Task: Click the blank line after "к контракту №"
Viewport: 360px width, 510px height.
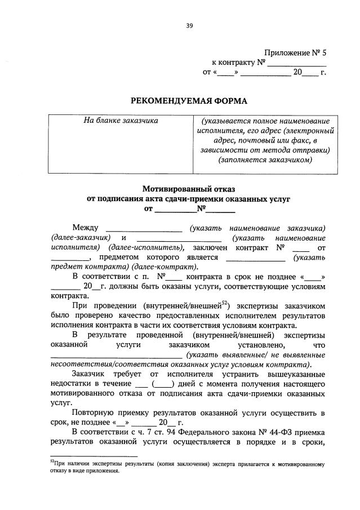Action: click(x=297, y=63)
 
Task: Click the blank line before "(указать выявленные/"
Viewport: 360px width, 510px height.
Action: click(x=117, y=355)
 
